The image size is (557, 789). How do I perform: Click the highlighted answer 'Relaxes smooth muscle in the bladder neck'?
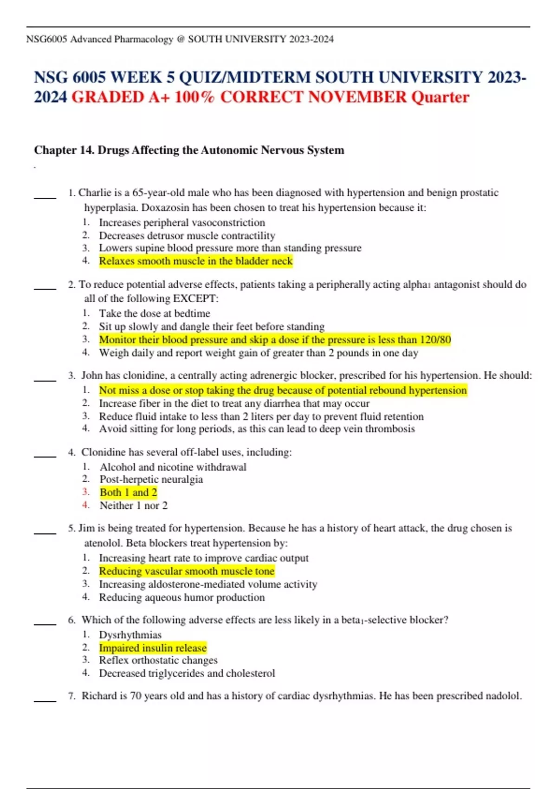click(195, 261)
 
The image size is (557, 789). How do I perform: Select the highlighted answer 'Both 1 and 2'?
click(128, 492)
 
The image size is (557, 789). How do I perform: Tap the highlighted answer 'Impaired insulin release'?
click(153, 648)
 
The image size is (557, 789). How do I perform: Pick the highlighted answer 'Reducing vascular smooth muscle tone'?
click(187, 571)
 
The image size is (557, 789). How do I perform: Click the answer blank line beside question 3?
click(45, 381)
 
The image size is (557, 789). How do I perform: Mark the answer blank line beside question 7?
click(45, 701)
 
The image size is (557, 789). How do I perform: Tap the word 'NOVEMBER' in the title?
click(357, 97)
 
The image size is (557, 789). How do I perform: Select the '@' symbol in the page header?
click(180, 39)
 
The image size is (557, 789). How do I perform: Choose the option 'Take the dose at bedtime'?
click(154, 314)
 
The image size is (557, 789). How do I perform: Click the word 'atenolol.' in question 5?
click(103, 543)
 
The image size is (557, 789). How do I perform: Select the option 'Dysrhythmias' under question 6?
click(130, 635)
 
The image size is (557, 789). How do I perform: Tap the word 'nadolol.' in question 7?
click(503, 696)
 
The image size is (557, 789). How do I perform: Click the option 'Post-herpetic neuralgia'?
click(151, 479)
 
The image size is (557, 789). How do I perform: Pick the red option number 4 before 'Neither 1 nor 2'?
click(86, 505)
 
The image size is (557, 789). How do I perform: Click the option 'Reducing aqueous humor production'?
click(181, 598)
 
